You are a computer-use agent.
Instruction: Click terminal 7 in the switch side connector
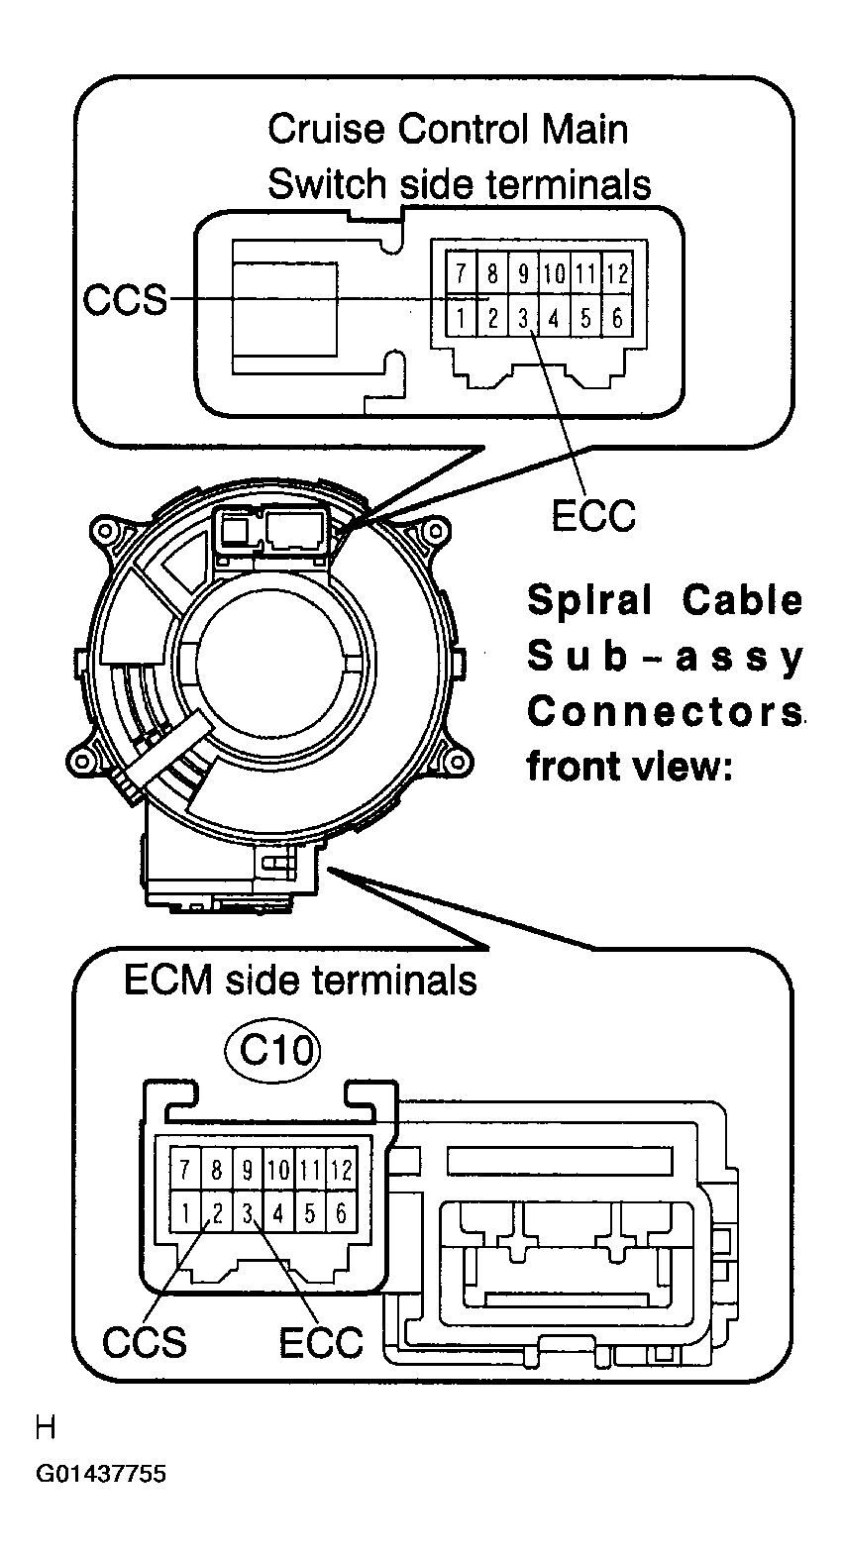[461, 273]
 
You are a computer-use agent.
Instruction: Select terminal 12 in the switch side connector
[617, 273]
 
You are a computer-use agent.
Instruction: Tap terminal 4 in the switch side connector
[554, 318]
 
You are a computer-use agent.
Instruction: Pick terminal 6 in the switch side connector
[617, 318]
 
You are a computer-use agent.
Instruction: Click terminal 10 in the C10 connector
[278, 1170]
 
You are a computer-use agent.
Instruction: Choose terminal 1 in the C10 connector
[185, 1213]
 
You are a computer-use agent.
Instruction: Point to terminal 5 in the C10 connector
[310, 1213]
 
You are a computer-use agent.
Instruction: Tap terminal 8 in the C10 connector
[217, 1170]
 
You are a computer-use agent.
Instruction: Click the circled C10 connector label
[273, 1050]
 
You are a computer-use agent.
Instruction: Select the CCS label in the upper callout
[125, 300]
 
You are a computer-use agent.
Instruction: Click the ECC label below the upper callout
[593, 516]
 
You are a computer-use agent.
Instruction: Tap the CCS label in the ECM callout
[145, 1342]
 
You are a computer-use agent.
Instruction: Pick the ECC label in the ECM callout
[321, 1342]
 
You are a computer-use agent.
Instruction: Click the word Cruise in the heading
[326, 130]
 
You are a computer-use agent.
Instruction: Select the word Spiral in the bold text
[589, 600]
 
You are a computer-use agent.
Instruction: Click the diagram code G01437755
[101, 1472]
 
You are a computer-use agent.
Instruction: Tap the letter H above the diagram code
[46, 1428]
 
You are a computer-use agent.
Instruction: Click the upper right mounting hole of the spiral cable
[436, 532]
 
